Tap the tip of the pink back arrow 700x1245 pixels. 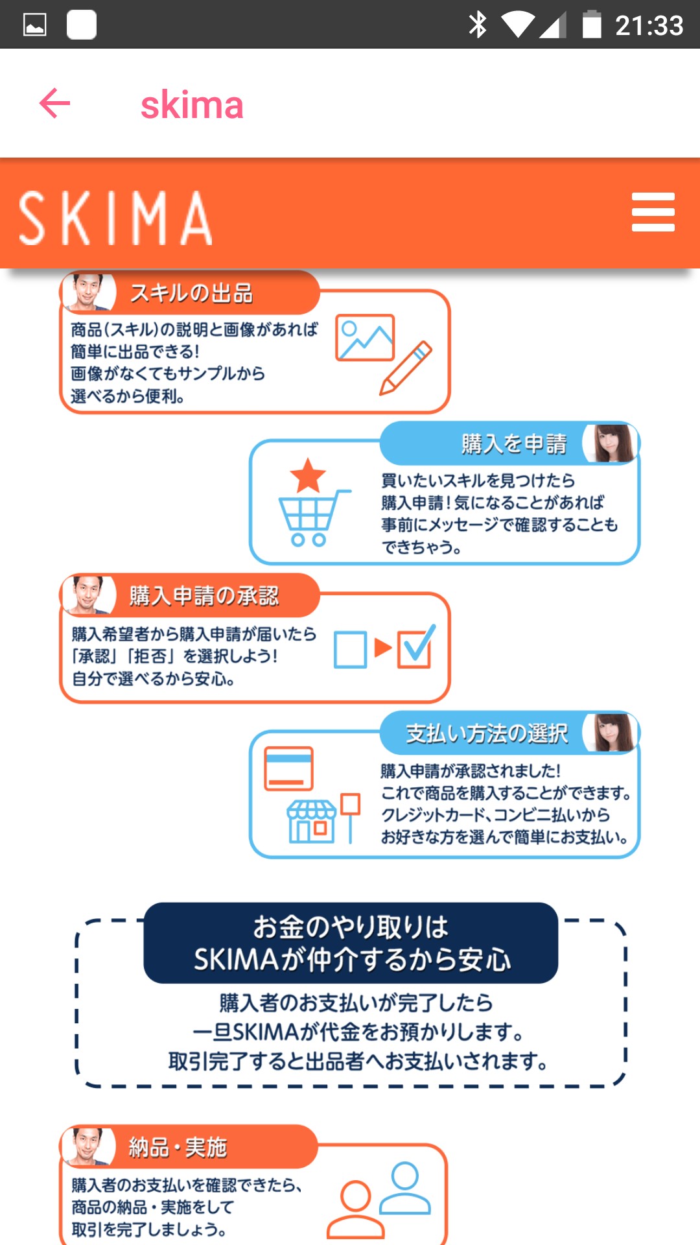[x=40, y=103]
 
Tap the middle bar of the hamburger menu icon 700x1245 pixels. [x=653, y=212]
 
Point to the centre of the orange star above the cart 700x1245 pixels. [x=308, y=475]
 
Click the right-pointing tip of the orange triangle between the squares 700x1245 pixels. [x=392, y=647]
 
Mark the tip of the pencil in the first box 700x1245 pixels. [x=382, y=393]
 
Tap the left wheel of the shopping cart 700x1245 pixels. [x=298, y=539]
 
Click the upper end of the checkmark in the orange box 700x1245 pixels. [x=434, y=626]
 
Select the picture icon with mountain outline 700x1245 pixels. [x=365, y=337]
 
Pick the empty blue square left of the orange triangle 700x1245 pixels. [x=351, y=649]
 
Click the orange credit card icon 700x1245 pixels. [x=288, y=768]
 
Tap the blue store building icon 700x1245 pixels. [x=312, y=822]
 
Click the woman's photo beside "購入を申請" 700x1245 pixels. [x=612, y=444]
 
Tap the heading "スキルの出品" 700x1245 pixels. [x=191, y=294]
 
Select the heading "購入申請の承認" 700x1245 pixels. [x=204, y=596]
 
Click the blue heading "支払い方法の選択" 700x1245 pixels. [x=487, y=733]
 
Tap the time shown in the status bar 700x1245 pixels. [x=649, y=25]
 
